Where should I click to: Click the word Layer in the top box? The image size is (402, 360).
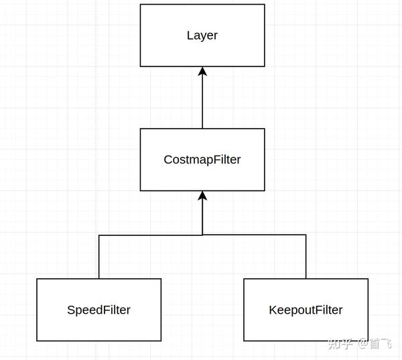pyautogui.click(x=202, y=36)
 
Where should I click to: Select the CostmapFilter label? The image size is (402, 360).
pyautogui.click(x=202, y=160)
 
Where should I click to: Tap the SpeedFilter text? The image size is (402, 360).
pyautogui.click(x=98, y=310)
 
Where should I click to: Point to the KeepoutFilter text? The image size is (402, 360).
pyautogui.click(x=306, y=310)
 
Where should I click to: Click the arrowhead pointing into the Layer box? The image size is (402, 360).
pyautogui.click(x=202, y=72)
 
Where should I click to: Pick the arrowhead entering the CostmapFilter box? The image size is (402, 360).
pyautogui.click(x=202, y=196)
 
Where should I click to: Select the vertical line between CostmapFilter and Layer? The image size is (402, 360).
pyautogui.click(x=202, y=101)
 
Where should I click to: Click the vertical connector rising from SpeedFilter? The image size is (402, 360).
pyautogui.click(x=99, y=258)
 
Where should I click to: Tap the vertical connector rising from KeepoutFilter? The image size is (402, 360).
pyautogui.click(x=306, y=258)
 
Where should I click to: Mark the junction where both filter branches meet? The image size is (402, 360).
pyautogui.click(x=202, y=235)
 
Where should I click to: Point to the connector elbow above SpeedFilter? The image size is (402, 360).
pyautogui.click(x=99, y=235)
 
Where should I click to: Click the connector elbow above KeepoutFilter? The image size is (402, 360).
pyautogui.click(x=306, y=235)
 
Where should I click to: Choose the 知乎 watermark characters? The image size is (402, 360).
pyautogui.click(x=340, y=344)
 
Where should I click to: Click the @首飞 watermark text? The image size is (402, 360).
pyautogui.click(x=375, y=344)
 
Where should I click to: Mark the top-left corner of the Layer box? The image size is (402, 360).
pyautogui.click(x=141, y=4)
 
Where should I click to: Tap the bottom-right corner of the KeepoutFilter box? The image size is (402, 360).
pyautogui.click(x=367, y=341)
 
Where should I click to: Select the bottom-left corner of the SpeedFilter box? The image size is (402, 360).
pyautogui.click(x=37, y=341)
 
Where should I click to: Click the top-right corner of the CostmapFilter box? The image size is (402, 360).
pyautogui.click(x=264, y=129)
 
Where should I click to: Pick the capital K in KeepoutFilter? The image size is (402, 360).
pyautogui.click(x=272, y=310)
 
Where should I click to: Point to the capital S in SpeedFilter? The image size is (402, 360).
pyautogui.click(x=70, y=310)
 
